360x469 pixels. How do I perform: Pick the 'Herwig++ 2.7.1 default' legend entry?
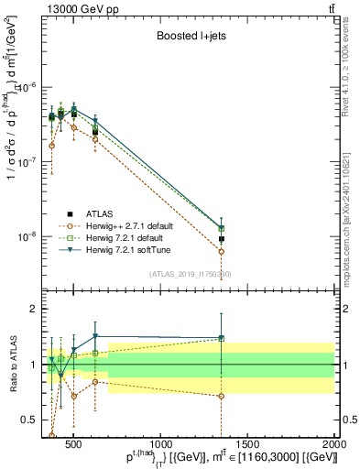coord(135,224)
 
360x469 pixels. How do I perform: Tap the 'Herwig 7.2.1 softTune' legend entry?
coord(132,249)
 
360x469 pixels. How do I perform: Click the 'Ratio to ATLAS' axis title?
coord(11,364)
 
